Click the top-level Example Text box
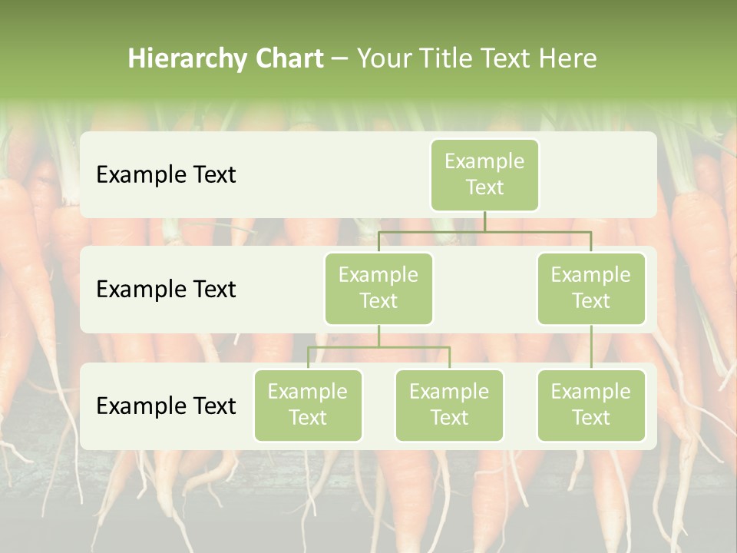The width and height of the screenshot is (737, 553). click(484, 175)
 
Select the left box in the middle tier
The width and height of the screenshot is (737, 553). click(378, 289)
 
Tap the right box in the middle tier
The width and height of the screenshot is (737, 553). click(591, 289)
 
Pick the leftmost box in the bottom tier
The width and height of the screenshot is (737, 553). click(308, 406)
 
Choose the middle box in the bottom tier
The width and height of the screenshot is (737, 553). click(449, 406)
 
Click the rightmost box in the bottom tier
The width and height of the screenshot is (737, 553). click(591, 406)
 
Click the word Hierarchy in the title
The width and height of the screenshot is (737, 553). click(185, 59)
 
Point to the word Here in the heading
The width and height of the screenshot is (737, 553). click(568, 58)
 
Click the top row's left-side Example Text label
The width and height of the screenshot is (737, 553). click(166, 175)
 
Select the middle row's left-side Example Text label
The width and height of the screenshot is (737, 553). click(166, 290)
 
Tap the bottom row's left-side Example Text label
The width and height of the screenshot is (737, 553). click(166, 406)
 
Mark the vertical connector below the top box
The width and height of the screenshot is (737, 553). click(484, 221)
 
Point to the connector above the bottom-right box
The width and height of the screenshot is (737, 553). click(591, 347)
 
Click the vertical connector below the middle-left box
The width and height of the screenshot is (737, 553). click(378, 336)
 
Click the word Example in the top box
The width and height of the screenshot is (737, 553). click(484, 161)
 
